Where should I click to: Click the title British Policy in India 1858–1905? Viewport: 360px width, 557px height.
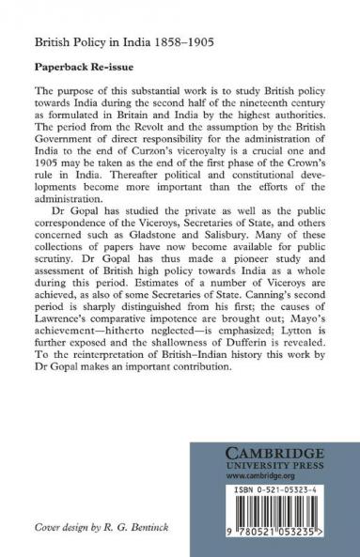(x=102, y=42)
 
